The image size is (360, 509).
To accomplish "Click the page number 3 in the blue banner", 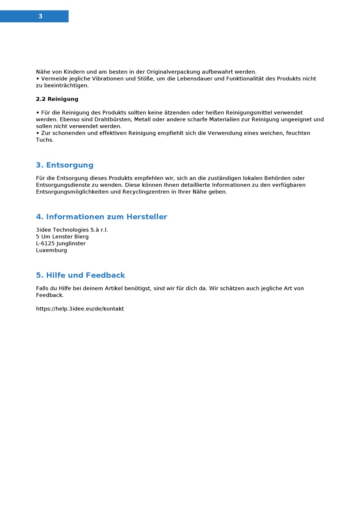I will tap(41, 16).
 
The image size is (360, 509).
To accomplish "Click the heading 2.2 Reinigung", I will tap(57, 99).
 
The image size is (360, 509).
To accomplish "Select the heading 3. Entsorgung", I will tap(65, 165).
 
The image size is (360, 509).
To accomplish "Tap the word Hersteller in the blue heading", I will tap(147, 217).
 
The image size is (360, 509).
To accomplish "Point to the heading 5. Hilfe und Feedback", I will tap(80, 275).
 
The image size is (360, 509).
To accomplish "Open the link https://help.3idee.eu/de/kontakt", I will tap(80, 309).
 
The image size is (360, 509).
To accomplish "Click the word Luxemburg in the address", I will tap(52, 251).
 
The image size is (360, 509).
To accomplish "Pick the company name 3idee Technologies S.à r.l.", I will tap(72, 230).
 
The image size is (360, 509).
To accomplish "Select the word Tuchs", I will tap(45, 140).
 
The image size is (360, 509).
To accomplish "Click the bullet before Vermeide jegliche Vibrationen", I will tap(38, 79).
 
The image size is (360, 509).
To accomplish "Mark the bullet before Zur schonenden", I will tap(38, 133).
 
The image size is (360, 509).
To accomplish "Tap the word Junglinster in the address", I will tap(71, 244).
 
